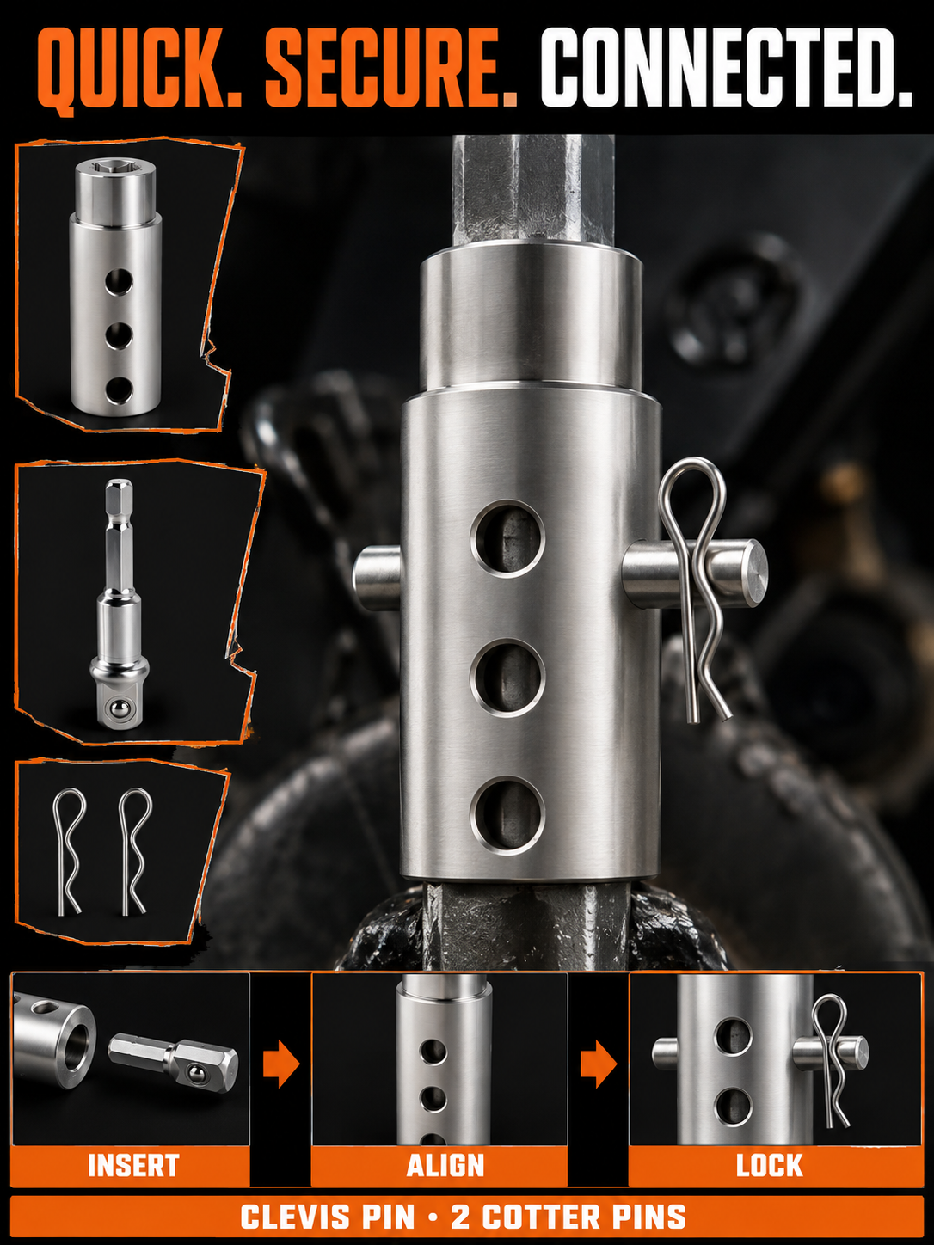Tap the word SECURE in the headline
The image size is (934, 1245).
pos(390,67)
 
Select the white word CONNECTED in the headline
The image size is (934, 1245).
pos(726,67)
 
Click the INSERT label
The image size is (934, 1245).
pos(133,1166)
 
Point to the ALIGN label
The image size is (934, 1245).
pos(445,1166)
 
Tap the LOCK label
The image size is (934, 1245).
pos(770,1166)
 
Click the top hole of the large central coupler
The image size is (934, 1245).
pos(507,538)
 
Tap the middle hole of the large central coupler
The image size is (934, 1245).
pos(507,678)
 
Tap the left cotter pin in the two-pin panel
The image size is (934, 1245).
pos(69,851)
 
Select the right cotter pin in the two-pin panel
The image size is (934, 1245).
pos(135,851)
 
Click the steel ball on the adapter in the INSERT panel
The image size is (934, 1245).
pos(194,1072)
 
